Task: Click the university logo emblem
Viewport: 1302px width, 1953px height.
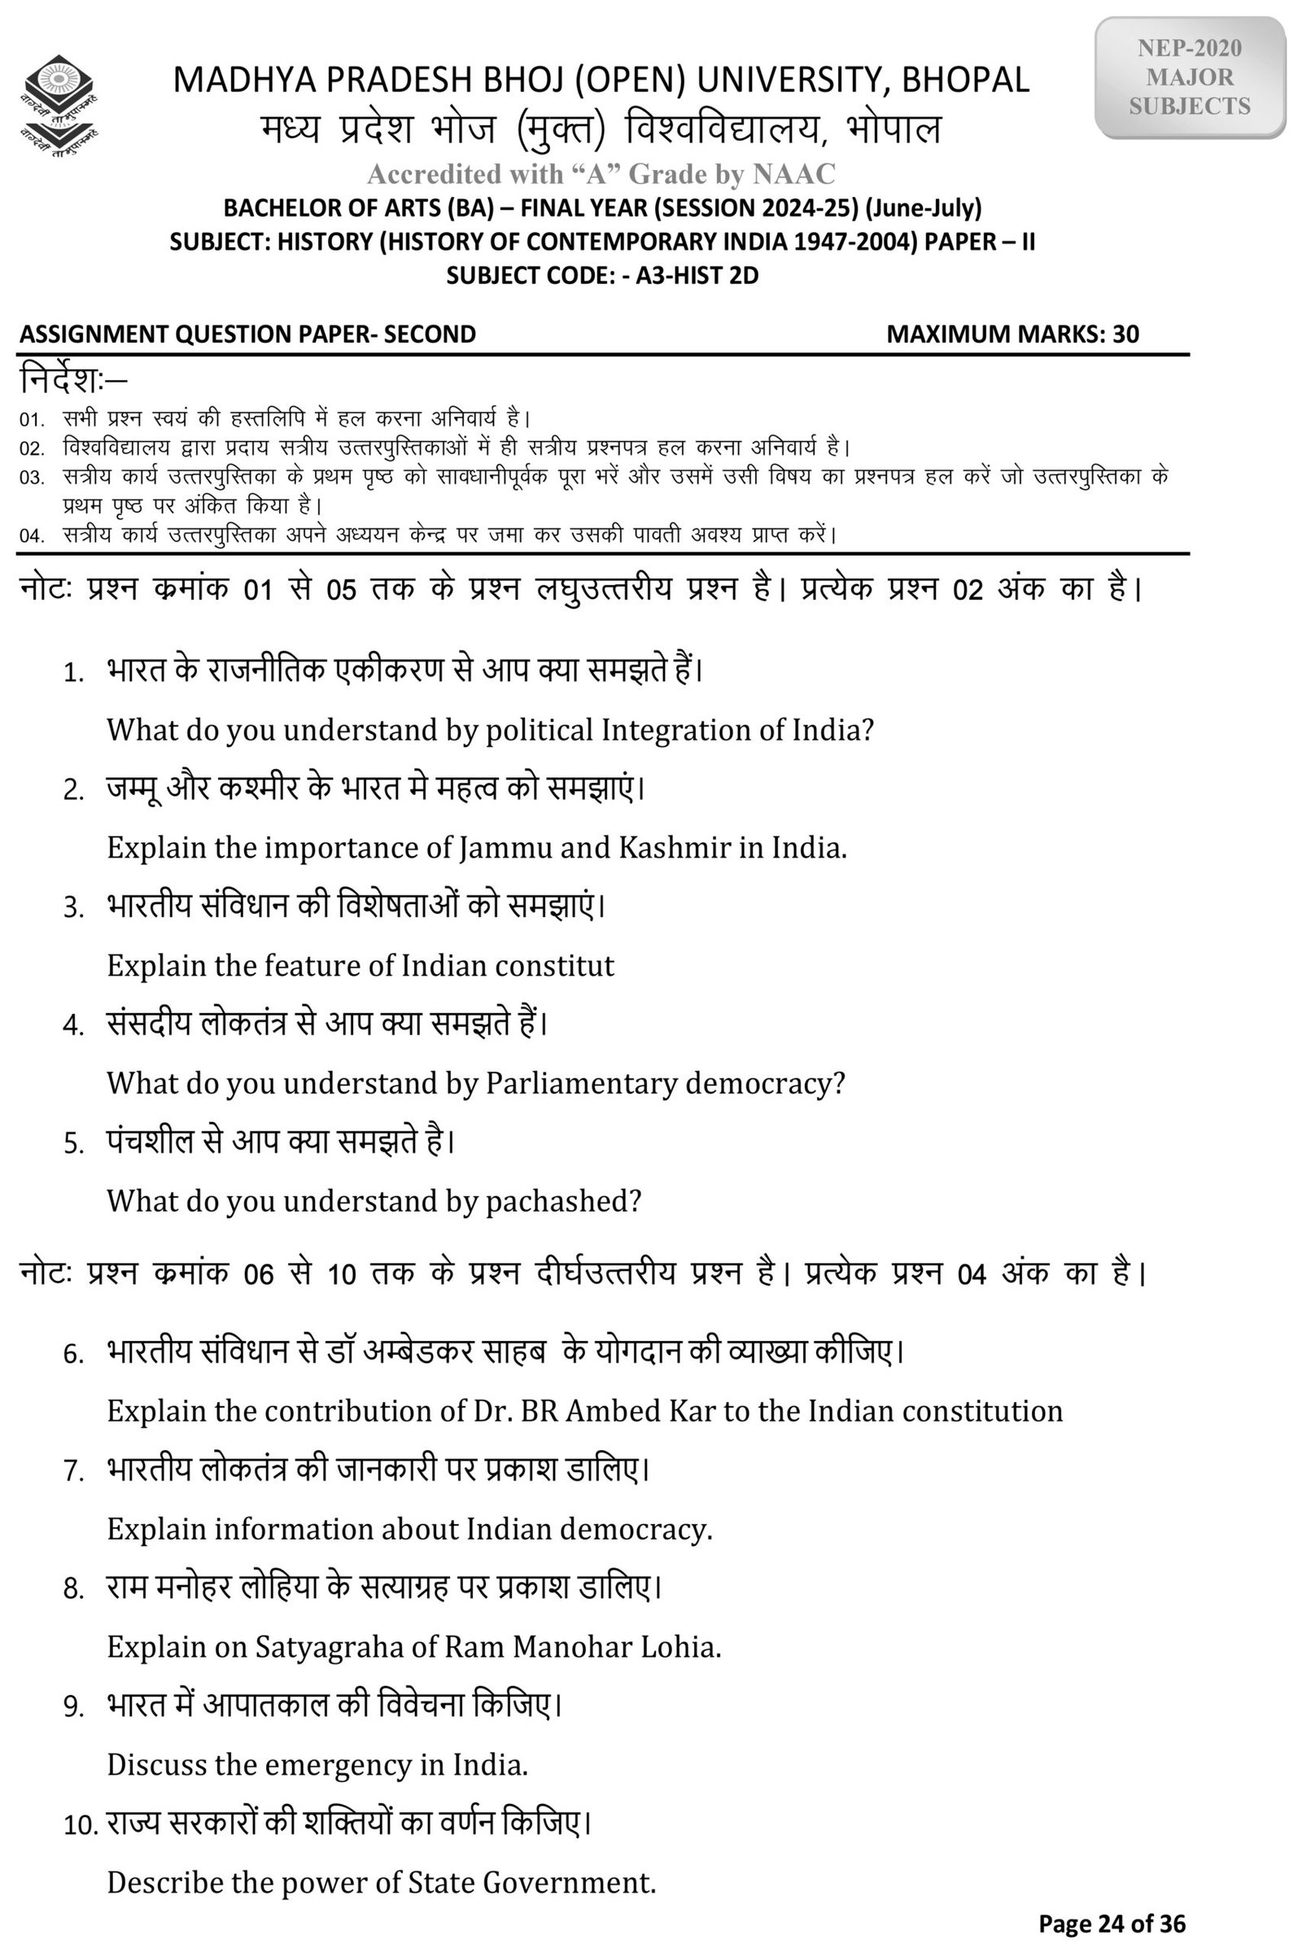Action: click(58, 107)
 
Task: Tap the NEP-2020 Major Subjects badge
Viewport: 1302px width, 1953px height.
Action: click(1189, 77)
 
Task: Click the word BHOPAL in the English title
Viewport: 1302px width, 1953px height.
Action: click(965, 80)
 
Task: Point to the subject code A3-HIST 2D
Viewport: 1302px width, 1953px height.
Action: click(697, 275)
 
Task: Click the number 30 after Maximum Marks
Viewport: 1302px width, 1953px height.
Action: click(1125, 334)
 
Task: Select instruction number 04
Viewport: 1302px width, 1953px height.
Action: click(32, 535)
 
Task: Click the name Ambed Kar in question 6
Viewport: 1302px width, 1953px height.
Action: click(641, 1412)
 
